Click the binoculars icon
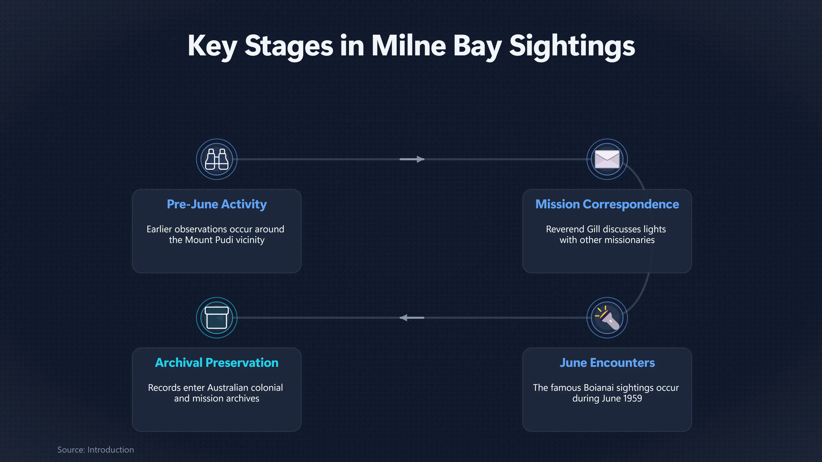coord(217,159)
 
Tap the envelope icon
coord(607,159)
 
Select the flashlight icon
coord(607,318)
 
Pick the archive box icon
coord(217,318)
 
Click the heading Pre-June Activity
coord(217,204)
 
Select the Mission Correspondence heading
coord(607,204)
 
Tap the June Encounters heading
coord(607,363)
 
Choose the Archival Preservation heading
coord(217,363)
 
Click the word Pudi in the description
coord(222,240)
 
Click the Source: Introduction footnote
coord(95,450)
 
